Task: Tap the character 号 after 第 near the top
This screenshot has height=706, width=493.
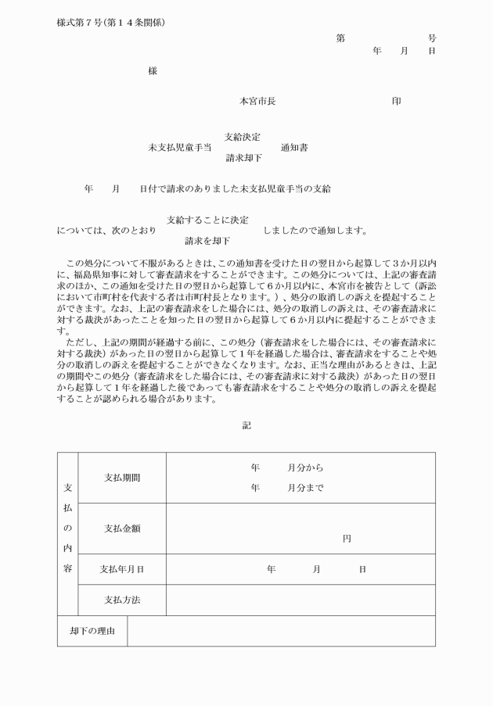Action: coord(431,38)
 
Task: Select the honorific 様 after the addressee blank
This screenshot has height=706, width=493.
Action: coord(152,71)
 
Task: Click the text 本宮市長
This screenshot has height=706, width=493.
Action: coord(257,101)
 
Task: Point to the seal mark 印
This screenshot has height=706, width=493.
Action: coord(397,101)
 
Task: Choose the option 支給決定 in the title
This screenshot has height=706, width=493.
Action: coord(243,137)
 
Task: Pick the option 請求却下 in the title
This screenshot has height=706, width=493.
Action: coord(243,157)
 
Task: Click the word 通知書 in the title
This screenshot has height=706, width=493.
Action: coord(294,147)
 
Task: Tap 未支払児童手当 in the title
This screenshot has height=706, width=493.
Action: coord(180,147)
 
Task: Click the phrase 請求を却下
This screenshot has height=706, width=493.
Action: coord(207,241)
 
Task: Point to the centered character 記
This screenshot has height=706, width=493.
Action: coord(246,426)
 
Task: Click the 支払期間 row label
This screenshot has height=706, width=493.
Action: coord(122,477)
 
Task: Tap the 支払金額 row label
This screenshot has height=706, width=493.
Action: coord(122,528)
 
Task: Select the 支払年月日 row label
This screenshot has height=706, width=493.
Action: coord(122,569)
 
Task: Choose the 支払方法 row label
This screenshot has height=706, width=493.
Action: coord(122,600)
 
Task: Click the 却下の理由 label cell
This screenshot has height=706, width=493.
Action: coord(92,631)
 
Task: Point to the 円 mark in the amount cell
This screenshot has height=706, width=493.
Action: coord(347,539)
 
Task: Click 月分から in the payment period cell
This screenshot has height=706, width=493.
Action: coord(304,468)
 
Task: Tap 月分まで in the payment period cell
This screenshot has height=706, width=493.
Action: coord(304,487)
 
